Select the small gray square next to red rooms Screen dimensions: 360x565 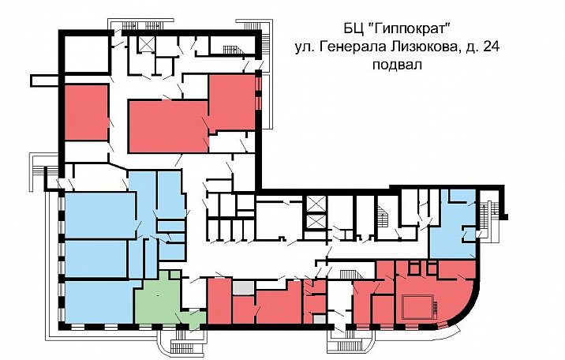point(244,289)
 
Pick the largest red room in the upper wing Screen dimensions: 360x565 point(166,126)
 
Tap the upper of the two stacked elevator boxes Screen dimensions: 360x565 point(315,203)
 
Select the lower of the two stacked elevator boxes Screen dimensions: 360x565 point(315,224)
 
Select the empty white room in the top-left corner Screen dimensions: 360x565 point(83,53)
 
